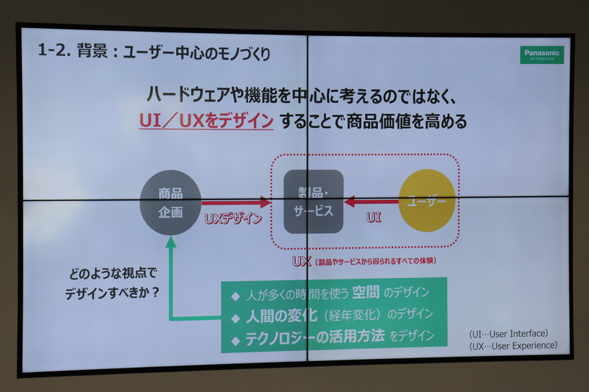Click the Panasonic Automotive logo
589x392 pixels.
(x=542, y=55)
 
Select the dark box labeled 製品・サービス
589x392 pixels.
(x=314, y=202)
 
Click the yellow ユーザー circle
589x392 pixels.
(x=427, y=201)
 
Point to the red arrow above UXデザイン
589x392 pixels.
(x=236, y=202)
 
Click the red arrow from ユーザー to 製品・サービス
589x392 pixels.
(x=371, y=201)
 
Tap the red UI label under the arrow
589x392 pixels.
(x=373, y=218)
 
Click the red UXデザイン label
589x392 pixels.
(x=233, y=218)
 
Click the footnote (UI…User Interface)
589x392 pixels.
(x=509, y=333)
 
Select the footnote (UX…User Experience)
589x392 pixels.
(x=513, y=345)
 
